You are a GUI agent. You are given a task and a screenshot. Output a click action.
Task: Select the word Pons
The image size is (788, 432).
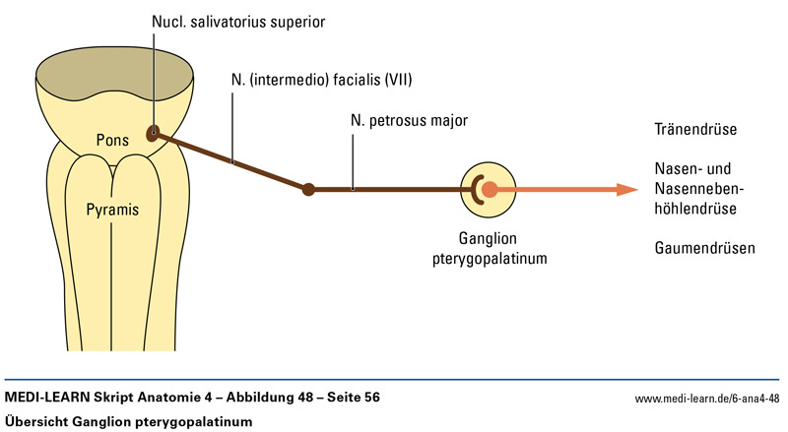(114, 140)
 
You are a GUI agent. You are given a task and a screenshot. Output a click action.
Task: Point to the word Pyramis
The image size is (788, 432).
(111, 210)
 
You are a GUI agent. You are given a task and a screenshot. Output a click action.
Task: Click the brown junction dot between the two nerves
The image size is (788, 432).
(308, 189)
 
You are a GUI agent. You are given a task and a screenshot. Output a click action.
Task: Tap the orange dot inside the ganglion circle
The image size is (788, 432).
(490, 189)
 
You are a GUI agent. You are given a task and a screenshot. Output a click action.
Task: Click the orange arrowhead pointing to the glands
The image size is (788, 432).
(624, 189)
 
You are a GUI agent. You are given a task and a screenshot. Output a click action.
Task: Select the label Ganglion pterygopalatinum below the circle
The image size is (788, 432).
(488, 249)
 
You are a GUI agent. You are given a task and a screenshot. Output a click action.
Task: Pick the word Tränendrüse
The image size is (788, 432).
(695, 130)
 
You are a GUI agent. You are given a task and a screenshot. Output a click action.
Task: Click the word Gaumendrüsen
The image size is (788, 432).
(704, 249)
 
